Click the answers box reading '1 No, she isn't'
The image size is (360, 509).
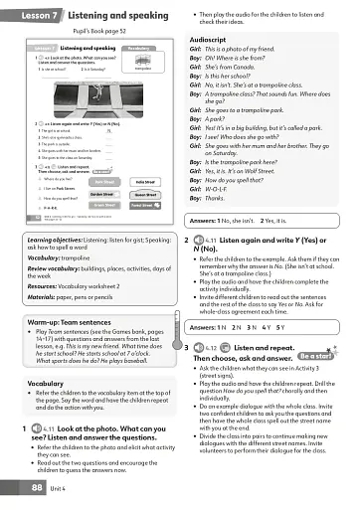pos(259,219)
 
